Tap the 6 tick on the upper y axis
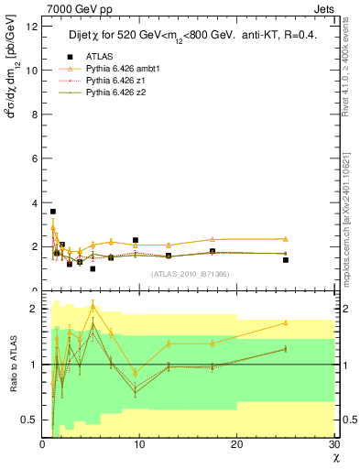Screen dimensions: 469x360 point(35,158)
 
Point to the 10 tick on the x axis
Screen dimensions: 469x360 point(139,444)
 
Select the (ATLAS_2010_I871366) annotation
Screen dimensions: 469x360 point(190,273)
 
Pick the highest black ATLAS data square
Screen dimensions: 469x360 point(52,212)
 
